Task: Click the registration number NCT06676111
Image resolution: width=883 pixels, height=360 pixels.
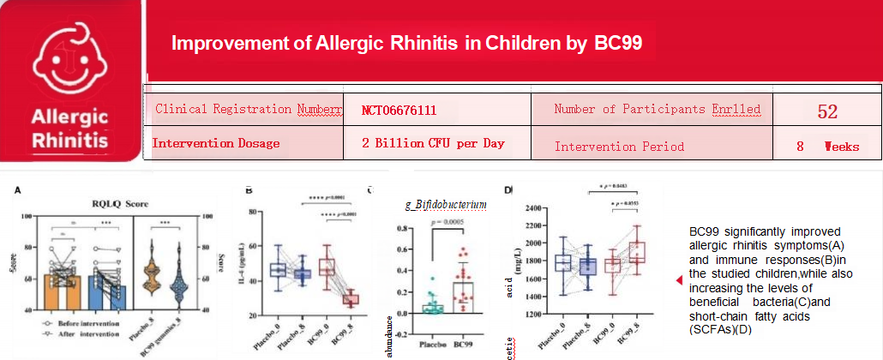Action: tap(399, 111)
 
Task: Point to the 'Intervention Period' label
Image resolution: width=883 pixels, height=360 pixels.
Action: tap(619, 146)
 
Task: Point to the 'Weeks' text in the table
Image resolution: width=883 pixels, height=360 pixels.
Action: tap(841, 146)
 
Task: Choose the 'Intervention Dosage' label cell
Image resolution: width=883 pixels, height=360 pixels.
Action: tap(216, 143)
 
